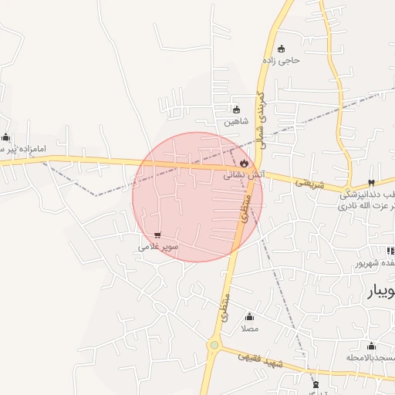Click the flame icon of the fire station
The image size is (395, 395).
pyautogui.click(x=245, y=164)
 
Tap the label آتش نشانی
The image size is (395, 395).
pyautogui.click(x=244, y=175)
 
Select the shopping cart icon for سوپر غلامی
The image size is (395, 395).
pyautogui.click(x=157, y=235)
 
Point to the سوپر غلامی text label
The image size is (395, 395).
pyautogui.click(x=158, y=246)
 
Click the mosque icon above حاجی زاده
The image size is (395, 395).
pyautogui.click(x=281, y=49)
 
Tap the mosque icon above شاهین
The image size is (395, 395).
pyautogui.click(x=236, y=110)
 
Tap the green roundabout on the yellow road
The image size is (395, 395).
pyautogui.click(x=213, y=345)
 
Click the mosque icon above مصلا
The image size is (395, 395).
pyautogui.click(x=249, y=316)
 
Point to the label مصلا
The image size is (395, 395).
pyautogui.click(x=249, y=328)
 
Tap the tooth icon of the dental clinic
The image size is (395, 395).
pyautogui.click(x=372, y=183)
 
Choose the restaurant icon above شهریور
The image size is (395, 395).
pyautogui.click(x=390, y=251)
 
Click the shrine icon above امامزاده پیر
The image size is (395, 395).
pyautogui.click(x=6, y=137)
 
